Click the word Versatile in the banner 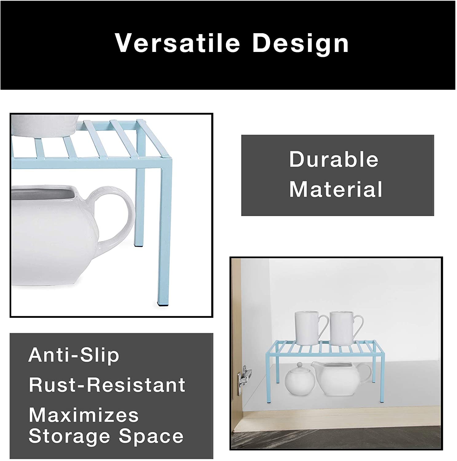177,43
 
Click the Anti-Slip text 74,355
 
